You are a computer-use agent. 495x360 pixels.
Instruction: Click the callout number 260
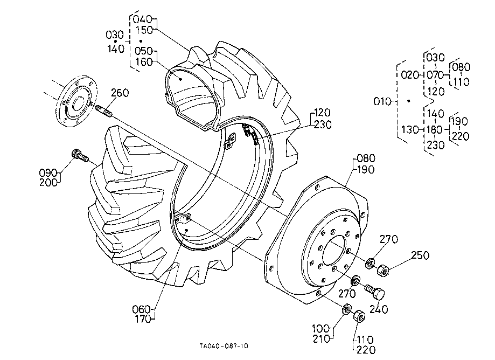pos(120,93)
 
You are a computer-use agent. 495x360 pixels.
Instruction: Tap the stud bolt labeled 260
pos(103,110)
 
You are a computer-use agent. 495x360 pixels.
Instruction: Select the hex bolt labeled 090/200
pos(80,156)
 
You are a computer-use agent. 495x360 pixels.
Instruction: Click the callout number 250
pos(420,255)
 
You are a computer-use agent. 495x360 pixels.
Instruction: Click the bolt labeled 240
pos(375,292)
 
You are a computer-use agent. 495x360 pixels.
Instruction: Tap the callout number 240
pos(379,309)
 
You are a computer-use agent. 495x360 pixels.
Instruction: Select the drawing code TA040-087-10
pos(224,346)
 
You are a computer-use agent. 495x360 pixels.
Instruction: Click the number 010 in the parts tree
pos(382,102)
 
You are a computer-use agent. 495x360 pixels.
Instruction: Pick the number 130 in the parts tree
pos(410,129)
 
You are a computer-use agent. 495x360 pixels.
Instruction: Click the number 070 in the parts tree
pos(435,75)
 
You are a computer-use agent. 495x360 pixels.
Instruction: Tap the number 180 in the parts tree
pos(435,129)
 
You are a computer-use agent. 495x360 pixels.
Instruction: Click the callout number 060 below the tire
pos(142,309)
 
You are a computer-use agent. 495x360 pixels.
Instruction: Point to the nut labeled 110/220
pos(359,316)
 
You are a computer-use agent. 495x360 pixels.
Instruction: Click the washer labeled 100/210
pos(347,309)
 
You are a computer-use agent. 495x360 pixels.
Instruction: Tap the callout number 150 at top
pos(144,30)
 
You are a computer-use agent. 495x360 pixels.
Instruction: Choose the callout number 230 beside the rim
pos(323,125)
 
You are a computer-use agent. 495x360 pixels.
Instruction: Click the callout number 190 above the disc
pos(366,170)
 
